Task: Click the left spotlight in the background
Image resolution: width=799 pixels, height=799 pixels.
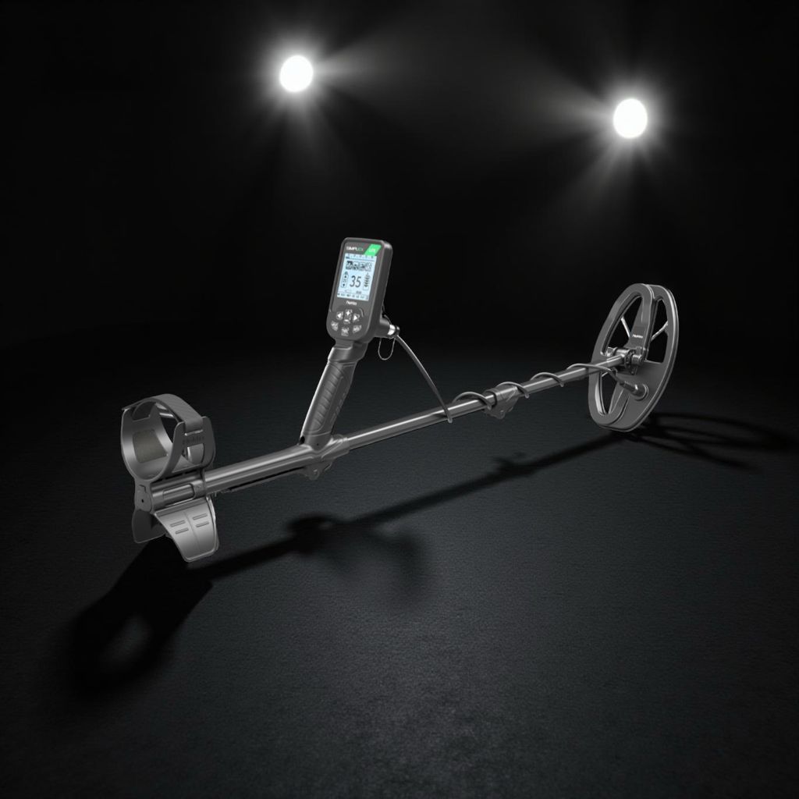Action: tap(297, 73)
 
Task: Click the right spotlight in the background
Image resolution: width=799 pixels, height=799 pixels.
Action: tap(630, 118)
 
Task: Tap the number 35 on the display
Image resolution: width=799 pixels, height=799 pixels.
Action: tap(355, 281)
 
